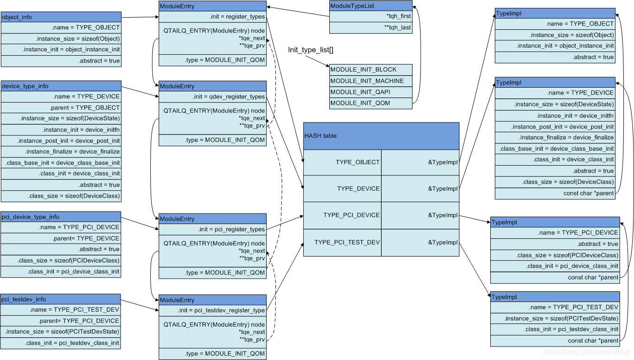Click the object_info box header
pos(61,17)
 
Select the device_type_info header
pos(61,86)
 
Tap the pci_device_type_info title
pos(61,217)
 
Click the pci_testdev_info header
pos(61,299)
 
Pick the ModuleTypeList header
pos(371,6)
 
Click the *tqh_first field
pos(371,17)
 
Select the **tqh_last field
pos(371,28)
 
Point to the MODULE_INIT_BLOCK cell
pos(371,70)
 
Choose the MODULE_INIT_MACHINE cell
pos(371,81)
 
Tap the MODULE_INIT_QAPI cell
pos(371,92)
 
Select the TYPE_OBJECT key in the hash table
pos(342,162)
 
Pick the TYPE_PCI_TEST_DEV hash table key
pos(342,242)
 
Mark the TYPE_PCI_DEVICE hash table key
pos(342,215)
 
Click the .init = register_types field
pos(212,17)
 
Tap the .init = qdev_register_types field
pos(212,97)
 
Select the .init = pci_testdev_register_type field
pos(212,310)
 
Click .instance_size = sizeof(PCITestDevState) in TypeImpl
pos(555,319)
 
